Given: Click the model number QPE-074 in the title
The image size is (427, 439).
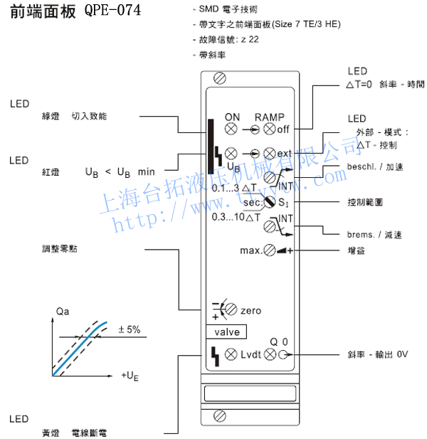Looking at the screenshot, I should coord(112,11).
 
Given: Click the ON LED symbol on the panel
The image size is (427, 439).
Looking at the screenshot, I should coord(231,129).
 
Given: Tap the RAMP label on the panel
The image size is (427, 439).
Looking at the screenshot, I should coord(269,117).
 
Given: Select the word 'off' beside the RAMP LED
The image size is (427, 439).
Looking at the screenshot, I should coord(284,129).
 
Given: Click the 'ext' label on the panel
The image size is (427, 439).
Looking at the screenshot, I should coord(285,153).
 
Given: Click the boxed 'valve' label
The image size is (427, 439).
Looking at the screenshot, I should coord(226,332).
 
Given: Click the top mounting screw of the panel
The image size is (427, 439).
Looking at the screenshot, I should coord(219,77).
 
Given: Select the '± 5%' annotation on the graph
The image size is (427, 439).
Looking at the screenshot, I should coord(129,329).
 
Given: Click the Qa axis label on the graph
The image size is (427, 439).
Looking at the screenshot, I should coord(63,312).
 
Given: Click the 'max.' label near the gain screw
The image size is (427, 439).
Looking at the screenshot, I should coord(251,250).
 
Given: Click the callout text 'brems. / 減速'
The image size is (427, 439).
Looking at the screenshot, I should coord(375,234).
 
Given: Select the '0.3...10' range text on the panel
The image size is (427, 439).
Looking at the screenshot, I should coord(228,217).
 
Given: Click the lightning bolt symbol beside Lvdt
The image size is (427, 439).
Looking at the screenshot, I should coord(213,354).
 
